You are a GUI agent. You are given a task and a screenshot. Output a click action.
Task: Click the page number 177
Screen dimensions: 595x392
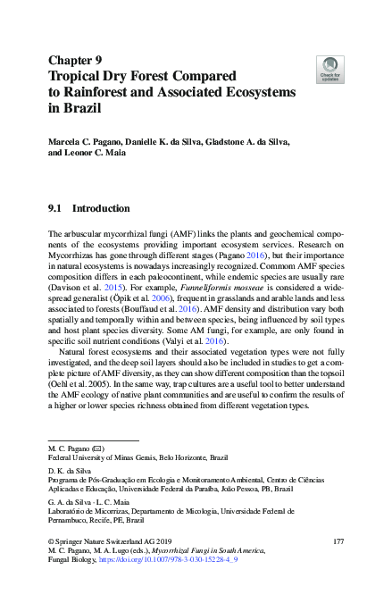[x=338, y=541]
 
